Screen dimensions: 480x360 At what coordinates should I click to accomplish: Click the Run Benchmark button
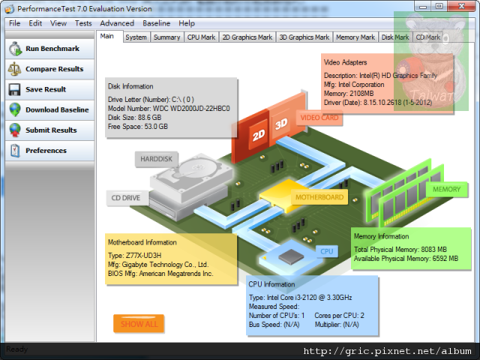(x=49, y=49)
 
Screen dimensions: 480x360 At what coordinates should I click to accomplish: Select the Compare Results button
(x=49, y=69)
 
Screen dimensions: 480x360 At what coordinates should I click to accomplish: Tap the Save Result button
(x=49, y=89)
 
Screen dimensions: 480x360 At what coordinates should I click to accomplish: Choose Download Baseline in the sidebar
(x=49, y=110)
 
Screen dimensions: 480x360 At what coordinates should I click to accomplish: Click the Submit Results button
(x=49, y=130)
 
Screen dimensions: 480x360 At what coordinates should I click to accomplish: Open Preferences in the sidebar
(x=49, y=151)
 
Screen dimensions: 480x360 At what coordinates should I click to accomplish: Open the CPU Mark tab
(x=201, y=37)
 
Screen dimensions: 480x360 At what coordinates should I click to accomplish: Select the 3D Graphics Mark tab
(x=304, y=37)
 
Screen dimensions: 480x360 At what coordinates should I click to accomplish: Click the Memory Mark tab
(x=355, y=37)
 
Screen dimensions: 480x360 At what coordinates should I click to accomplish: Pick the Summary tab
(x=166, y=37)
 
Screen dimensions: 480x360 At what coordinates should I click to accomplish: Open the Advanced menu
(x=117, y=23)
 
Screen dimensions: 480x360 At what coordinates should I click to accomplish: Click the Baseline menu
(x=157, y=23)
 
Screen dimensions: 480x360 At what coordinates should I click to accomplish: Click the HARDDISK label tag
(x=157, y=159)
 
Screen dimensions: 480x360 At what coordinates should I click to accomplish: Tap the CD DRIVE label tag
(x=127, y=198)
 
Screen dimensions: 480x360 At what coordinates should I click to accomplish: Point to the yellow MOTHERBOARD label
(x=319, y=197)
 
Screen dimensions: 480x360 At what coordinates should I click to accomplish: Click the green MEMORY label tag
(x=447, y=190)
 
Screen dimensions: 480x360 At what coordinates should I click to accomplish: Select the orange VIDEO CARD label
(x=319, y=118)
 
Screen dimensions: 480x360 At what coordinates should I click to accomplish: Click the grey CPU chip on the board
(x=291, y=256)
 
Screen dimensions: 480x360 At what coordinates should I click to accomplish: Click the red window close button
(x=461, y=6)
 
